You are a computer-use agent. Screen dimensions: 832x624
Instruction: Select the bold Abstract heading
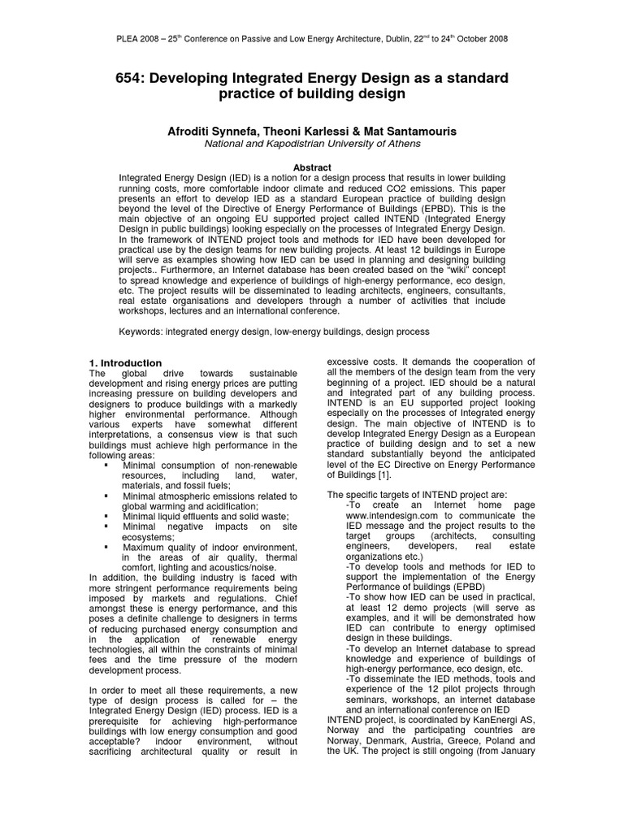tap(312, 167)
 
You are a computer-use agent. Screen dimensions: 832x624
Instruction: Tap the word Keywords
tap(141, 332)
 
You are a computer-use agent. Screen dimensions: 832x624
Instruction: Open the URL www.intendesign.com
tap(392, 515)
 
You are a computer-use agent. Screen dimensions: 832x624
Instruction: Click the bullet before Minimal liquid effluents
tap(106, 516)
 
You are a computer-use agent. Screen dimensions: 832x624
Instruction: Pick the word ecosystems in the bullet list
tap(148, 537)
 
